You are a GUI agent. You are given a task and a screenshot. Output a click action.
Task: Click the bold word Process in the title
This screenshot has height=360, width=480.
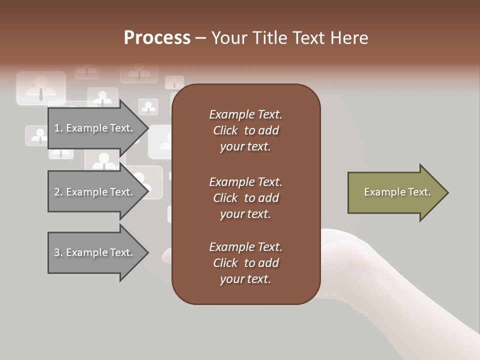click(x=157, y=38)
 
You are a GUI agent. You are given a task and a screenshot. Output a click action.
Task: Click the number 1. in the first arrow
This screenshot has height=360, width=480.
click(x=58, y=128)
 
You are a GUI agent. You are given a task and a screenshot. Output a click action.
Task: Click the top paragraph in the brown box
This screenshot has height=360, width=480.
click(x=245, y=130)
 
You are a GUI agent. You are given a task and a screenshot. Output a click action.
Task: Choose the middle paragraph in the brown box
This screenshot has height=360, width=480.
click(x=245, y=198)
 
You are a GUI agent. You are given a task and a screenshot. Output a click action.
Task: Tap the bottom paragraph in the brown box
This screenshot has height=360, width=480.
click(x=245, y=263)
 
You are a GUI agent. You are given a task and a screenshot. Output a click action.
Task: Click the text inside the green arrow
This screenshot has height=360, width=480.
click(x=397, y=192)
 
